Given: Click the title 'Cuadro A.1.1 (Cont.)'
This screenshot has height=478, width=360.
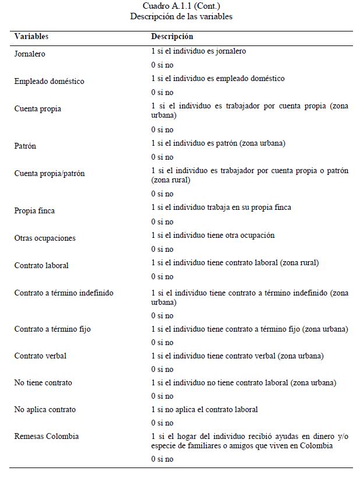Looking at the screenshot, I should (x=181, y=6).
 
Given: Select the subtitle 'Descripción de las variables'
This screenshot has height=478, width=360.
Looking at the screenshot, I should (x=181, y=16).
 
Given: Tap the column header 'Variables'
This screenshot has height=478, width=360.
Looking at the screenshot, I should (x=31, y=37).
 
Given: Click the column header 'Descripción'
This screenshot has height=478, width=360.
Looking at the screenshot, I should (x=172, y=37).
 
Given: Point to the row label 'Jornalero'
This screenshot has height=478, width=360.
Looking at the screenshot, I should (x=30, y=54).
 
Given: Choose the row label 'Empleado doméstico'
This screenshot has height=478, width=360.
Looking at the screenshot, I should (x=49, y=81).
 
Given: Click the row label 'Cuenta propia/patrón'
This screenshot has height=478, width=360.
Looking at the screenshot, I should (x=49, y=174).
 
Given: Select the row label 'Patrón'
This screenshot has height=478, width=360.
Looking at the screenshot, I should (x=25, y=146).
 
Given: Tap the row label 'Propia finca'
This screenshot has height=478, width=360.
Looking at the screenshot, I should (x=34, y=210).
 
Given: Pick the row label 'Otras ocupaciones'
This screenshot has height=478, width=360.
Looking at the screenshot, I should (x=45, y=238).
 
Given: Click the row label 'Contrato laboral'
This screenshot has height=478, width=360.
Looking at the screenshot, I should (x=41, y=265).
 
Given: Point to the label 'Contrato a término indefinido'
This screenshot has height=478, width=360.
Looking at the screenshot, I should (x=63, y=293).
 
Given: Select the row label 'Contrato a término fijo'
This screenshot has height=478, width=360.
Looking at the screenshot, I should (x=52, y=329).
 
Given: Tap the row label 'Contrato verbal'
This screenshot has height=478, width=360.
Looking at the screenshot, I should (x=40, y=356).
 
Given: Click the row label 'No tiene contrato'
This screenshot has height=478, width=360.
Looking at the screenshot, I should (x=43, y=382).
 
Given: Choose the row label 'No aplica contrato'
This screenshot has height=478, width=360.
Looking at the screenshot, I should (x=45, y=409).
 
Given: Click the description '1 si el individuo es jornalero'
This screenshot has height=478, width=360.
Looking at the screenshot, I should (x=198, y=51).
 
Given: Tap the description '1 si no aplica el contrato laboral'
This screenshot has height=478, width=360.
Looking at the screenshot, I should (x=204, y=409).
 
